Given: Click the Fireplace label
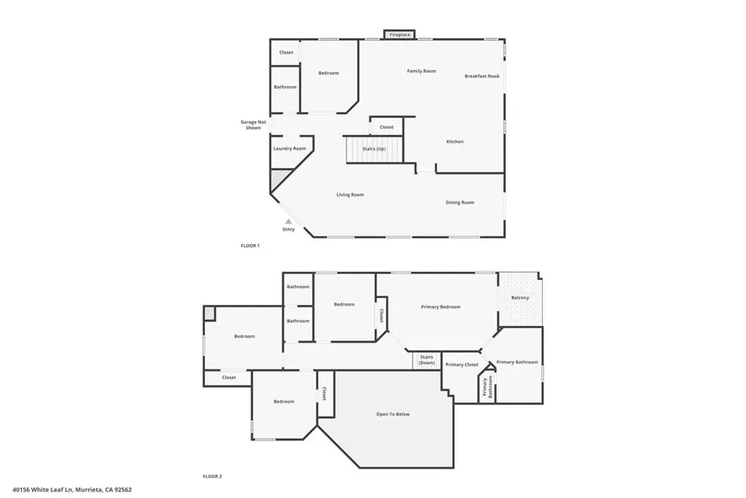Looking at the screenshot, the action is (400, 35).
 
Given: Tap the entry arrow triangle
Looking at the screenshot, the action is (288, 222).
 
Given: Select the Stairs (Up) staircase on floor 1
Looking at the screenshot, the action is (374, 149).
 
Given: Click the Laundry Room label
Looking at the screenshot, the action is (289, 149).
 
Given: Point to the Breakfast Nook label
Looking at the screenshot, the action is (482, 76).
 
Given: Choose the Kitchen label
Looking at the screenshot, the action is (455, 141).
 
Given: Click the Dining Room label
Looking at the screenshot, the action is (460, 203).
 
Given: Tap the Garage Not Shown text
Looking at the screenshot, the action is (253, 125).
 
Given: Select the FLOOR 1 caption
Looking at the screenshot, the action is (251, 246).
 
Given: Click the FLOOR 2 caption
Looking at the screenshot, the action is (212, 476).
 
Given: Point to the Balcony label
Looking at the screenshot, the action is (520, 297).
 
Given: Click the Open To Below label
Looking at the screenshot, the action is (393, 414).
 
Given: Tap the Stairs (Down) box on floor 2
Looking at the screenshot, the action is (426, 360).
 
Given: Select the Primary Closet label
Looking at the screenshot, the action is (461, 365).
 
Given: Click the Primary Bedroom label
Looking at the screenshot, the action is (441, 307).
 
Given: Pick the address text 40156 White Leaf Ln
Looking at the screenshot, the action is (43, 489).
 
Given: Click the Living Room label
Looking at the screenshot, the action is (350, 195).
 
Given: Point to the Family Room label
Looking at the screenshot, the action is (422, 71).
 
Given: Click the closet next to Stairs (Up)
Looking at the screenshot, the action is (386, 127).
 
